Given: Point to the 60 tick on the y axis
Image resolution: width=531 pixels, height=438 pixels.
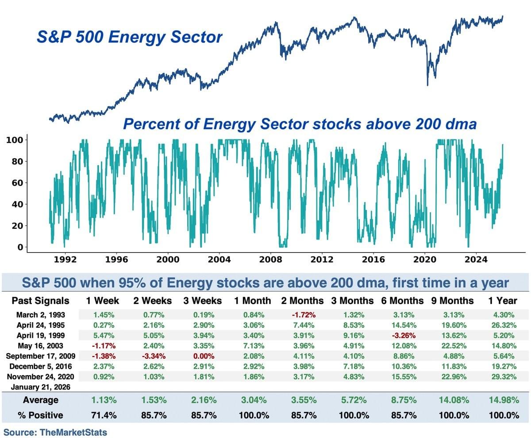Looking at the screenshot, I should pyautogui.click(x=17, y=183).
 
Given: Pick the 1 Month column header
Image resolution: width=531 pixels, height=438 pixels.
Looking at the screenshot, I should pyautogui.click(x=253, y=301).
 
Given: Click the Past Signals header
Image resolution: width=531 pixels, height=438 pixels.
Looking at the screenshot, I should pyautogui.click(x=40, y=301).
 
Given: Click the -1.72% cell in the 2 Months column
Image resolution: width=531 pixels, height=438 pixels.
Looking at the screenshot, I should pyautogui.click(x=302, y=315).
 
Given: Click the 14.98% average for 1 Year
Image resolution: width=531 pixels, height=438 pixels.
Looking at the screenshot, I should pyautogui.click(x=502, y=400).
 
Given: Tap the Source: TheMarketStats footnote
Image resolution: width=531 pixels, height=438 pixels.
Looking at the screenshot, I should pyautogui.click(x=55, y=432).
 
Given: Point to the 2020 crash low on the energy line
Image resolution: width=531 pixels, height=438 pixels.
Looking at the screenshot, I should pyautogui.click(x=427, y=85).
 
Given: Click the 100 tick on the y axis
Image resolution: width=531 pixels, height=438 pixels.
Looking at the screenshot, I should pyautogui.click(x=15, y=140).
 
